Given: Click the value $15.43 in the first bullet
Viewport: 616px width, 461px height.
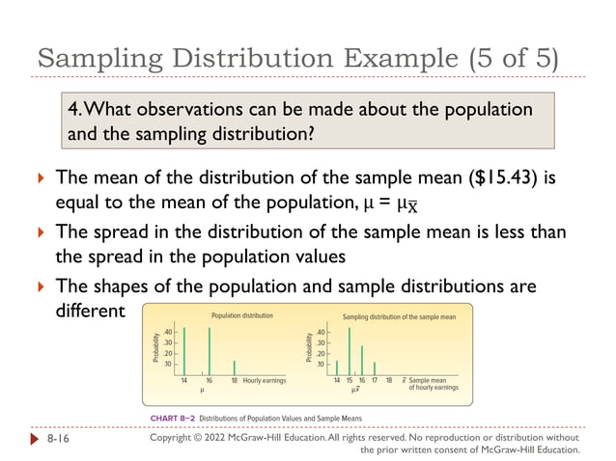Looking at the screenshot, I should (475, 179).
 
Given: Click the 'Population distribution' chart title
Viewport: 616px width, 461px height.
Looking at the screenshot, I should (241, 315).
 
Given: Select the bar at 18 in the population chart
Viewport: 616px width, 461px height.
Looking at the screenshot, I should (235, 367).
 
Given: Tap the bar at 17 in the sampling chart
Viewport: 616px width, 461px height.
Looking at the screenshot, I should (375, 367).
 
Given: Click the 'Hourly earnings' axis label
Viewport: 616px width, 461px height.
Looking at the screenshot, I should (265, 381).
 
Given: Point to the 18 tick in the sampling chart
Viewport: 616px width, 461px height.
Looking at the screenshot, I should (389, 381).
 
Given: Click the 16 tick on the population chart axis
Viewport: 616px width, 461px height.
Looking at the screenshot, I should (210, 381).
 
